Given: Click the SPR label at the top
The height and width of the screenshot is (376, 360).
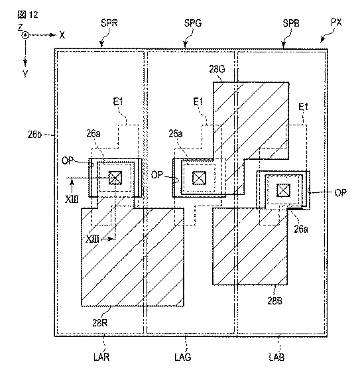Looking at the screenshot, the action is click(109, 23).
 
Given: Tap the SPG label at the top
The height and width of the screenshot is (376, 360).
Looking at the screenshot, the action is click(193, 23).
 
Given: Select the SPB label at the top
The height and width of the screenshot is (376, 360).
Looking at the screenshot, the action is click(291, 23).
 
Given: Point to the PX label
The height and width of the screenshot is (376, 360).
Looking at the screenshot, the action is click(336, 23).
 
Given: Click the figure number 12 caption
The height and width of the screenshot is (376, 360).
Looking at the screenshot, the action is click(28, 15).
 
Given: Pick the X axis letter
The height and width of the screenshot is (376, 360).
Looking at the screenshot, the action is click(62, 35).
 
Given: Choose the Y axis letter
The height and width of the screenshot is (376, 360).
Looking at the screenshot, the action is click(25, 74).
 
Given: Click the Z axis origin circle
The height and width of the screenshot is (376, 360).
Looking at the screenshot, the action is click(25, 35).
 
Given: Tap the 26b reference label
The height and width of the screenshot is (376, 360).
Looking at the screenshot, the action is click(34, 134).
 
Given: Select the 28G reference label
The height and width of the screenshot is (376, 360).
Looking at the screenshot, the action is click(217, 69).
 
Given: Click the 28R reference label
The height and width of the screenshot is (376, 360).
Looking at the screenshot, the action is click(100, 323).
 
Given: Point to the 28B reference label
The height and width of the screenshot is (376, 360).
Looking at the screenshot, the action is click(275, 300).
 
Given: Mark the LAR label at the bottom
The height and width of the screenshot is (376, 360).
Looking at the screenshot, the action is click(101, 357).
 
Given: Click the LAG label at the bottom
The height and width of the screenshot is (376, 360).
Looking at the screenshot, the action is click(183, 357).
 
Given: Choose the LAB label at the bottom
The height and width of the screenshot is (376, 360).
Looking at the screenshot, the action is click(276, 357).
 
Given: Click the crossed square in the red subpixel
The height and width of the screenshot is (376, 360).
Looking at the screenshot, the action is click(115, 178).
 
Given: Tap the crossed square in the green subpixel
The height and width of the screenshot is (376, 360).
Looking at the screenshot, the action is click(199, 178).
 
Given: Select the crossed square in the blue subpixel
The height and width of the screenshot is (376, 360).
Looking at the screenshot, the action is click(283, 190).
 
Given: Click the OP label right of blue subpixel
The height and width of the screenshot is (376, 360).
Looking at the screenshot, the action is click(340, 192).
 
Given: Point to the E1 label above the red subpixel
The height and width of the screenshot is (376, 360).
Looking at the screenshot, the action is click(118, 101).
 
